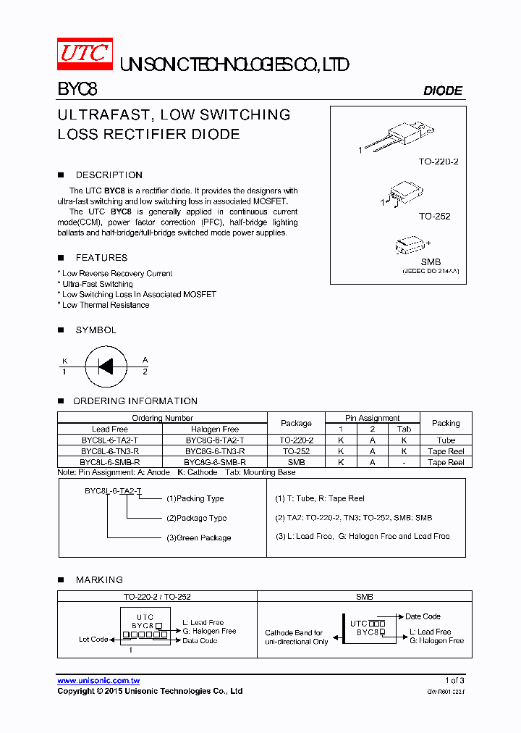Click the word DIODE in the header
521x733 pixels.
tap(442, 91)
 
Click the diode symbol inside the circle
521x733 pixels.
tap(106, 366)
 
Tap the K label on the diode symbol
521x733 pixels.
tap(64, 360)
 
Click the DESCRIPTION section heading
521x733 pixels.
tap(109, 175)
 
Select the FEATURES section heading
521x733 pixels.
tap(101, 258)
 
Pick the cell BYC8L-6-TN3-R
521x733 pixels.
tap(110, 451)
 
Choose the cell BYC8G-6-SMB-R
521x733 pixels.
tap(215, 461)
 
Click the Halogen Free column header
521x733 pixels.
tap(215, 429)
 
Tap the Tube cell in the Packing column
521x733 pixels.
tap(446, 440)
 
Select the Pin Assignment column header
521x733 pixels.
tap(373, 418)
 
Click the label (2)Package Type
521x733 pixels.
tap(196, 518)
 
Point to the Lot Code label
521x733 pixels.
tap(93, 640)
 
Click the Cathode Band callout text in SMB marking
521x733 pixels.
tap(295, 637)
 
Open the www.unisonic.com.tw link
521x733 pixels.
tap(98, 681)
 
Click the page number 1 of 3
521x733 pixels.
tap(454, 680)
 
